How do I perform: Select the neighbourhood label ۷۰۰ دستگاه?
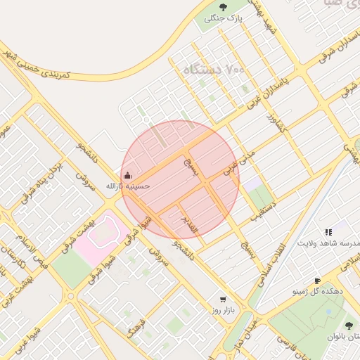click(214, 70)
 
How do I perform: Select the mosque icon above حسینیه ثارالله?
click(127, 175)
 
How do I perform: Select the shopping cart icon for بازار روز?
click(223, 298)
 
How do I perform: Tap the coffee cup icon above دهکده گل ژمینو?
click(317, 280)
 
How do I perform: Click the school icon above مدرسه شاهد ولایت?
click(328, 231)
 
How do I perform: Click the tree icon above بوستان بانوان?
click(349, 325)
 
